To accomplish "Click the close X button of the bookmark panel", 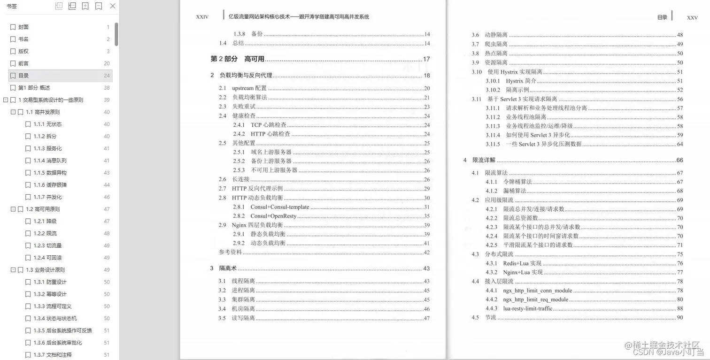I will [113, 6].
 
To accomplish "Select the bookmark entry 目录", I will [23, 76].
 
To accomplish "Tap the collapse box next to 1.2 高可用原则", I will [13, 209].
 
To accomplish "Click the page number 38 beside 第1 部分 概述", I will [107, 88].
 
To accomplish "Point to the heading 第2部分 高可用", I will [237, 59].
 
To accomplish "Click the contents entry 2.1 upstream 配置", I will [249, 88].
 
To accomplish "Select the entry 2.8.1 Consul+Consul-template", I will [279, 207].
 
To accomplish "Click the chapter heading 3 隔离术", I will [224, 268].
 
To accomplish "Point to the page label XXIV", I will [202, 17].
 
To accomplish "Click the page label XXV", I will [692, 18].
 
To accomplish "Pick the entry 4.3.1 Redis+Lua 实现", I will [522, 263].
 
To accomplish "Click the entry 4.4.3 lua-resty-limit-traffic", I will [527, 308].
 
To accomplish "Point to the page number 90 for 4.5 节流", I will [679, 318].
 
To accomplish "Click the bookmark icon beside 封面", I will [13, 27].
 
